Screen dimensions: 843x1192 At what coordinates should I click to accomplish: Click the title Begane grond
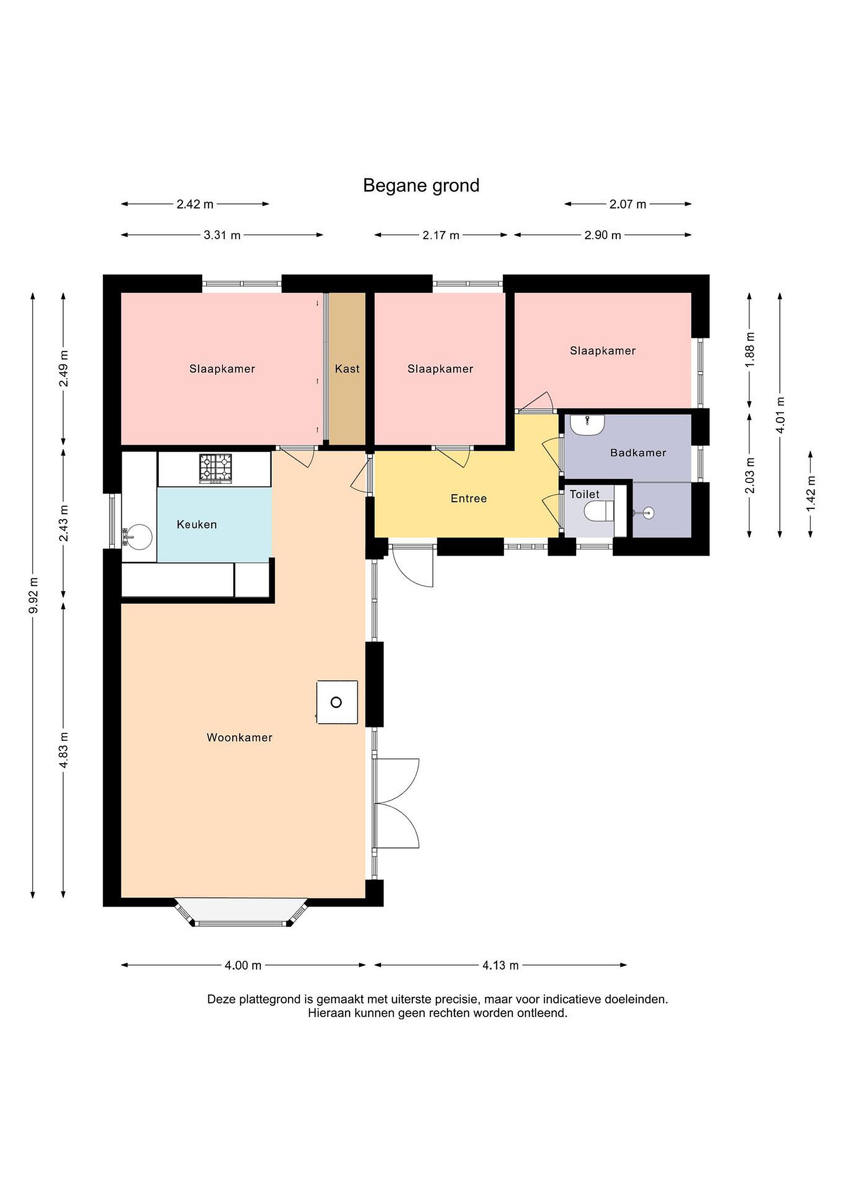[x=421, y=186]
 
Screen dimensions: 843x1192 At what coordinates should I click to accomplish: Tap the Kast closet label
[x=347, y=369]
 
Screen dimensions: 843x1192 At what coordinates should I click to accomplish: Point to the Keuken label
[x=197, y=524]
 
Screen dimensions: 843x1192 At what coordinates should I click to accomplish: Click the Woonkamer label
[x=239, y=737]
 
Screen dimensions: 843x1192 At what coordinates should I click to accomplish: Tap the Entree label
[x=469, y=498]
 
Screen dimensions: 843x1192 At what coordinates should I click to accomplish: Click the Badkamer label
[x=638, y=453]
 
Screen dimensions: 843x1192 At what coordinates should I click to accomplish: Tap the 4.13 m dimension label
[x=500, y=965]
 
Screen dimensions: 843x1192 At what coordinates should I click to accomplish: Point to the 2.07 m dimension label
[x=627, y=204]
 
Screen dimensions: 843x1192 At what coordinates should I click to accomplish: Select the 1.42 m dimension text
[x=811, y=493]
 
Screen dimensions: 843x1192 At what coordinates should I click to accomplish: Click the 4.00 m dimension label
[x=243, y=965]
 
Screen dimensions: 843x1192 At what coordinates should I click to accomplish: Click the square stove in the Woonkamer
[x=337, y=702]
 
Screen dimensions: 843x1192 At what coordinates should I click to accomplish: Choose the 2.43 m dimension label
[x=64, y=523]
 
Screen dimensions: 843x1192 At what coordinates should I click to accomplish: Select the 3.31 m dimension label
[x=222, y=235]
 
